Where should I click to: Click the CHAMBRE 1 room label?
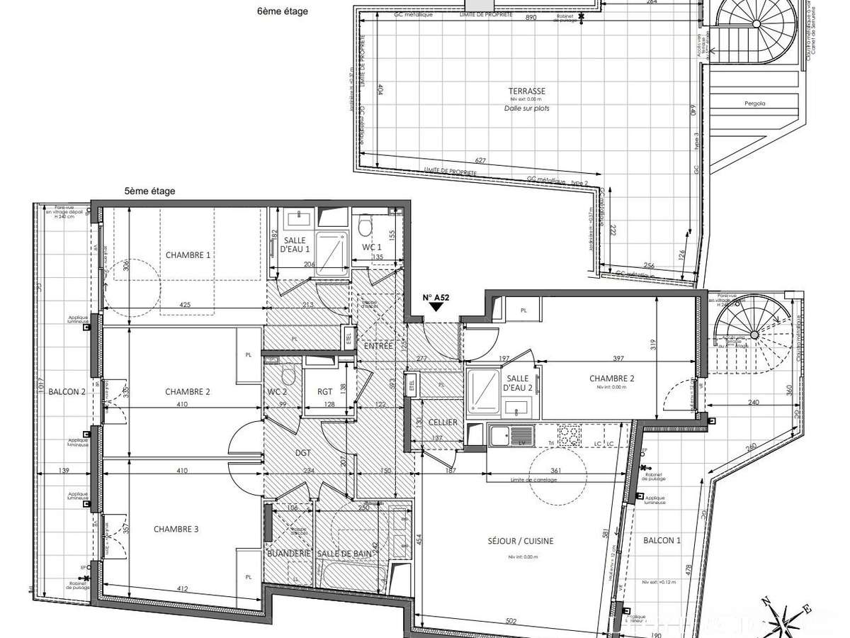188,255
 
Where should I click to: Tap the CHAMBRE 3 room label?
177,529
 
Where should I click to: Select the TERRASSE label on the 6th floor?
526,91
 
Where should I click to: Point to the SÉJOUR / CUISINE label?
521,541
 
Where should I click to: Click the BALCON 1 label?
662,541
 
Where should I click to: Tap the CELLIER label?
442,422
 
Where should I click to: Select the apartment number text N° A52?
435,298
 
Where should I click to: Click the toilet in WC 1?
365,227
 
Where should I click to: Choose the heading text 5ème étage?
149,191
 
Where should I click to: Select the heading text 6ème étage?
283,11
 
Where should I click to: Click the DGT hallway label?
304,451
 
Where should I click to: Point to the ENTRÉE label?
378,346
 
